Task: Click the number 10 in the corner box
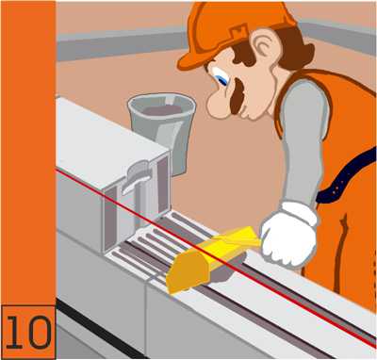coord(28,332)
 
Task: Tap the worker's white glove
coord(289,235)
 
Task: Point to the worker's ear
coord(269,46)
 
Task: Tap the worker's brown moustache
coord(238,96)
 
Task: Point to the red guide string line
coord(216,256)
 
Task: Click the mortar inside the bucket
coord(162,110)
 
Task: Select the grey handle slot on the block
coord(138,179)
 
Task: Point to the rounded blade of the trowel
coord(186,273)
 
